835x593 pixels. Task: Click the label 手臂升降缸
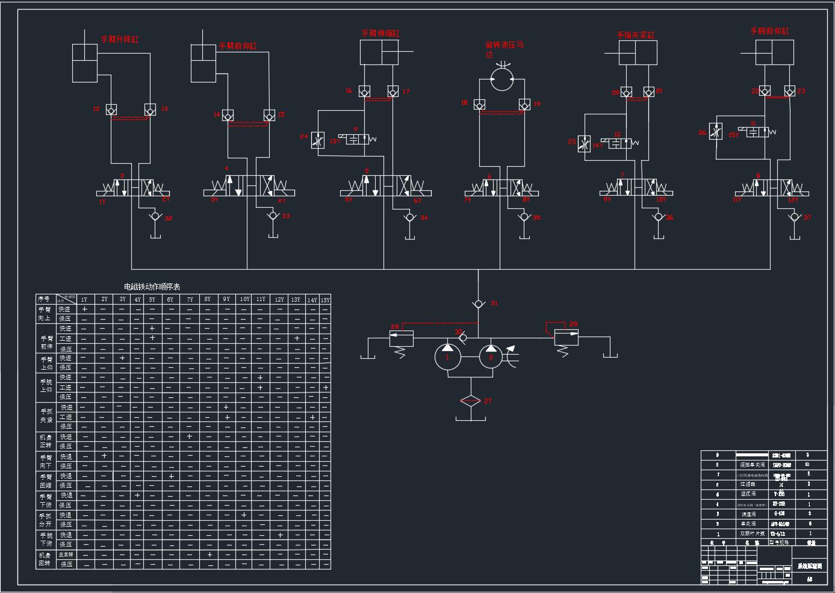[120, 40]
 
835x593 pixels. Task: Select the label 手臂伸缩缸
[380, 34]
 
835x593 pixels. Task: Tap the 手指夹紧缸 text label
[635, 36]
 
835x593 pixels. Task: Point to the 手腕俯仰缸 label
[769, 31]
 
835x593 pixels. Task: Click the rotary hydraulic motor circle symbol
[501, 79]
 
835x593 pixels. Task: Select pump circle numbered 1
[447, 357]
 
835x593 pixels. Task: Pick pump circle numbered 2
[492, 357]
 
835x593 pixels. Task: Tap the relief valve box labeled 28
[401, 338]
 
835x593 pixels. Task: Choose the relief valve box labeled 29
[566, 337]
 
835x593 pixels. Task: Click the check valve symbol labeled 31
[479, 304]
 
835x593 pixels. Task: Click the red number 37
[807, 217]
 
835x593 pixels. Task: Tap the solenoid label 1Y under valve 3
[102, 202]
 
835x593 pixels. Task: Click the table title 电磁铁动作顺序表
[152, 287]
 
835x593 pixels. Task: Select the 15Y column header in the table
[324, 300]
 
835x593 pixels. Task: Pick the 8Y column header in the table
[207, 300]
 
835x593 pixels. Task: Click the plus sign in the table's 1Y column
[85, 309]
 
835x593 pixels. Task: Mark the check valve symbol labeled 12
[111, 110]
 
